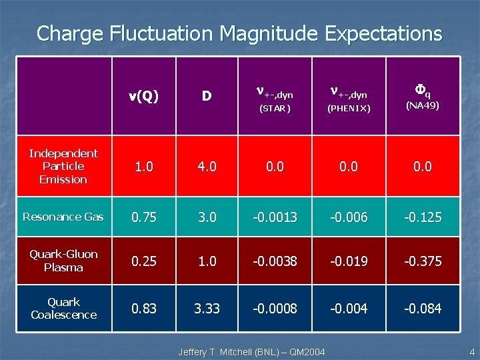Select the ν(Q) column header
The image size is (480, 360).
(x=143, y=96)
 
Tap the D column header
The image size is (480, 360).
(x=207, y=96)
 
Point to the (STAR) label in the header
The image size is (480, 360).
(x=275, y=108)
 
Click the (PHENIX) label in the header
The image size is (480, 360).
(x=348, y=108)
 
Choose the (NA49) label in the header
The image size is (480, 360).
(x=423, y=105)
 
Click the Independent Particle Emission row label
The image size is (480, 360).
(x=63, y=166)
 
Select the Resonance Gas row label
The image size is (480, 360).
(x=63, y=217)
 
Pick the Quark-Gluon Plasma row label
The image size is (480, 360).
(x=63, y=261)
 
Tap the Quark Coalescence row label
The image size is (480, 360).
(x=63, y=308)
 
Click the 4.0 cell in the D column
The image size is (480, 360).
(x=207, y=166)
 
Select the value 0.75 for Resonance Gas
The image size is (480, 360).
(x=143, y=217)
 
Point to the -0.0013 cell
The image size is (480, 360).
(x=275, y=217)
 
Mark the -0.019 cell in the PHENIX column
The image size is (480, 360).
(x=348, y=261)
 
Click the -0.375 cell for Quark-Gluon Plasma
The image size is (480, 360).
(x=423, y=261)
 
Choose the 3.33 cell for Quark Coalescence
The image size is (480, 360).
(x=207, y=309)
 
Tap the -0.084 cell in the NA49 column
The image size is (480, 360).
(x=423, y=309)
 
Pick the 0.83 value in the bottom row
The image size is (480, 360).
(x=143, y=309)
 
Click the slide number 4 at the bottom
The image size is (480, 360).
(x=471, y=351)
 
